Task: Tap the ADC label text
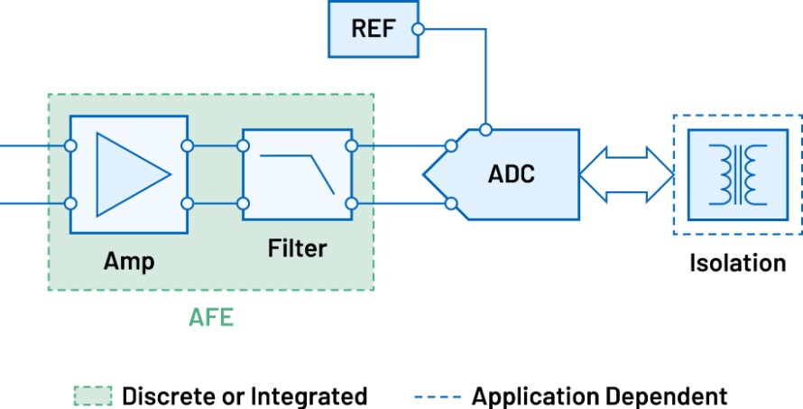(x=512, y=173)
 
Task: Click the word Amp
(x=129, y=262)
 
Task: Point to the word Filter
(x=297, y=247)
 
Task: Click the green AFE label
(x=210, y=318)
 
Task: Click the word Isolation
(x=737, y=263)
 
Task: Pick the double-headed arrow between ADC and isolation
(x=625, y=173)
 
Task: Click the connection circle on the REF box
(x=417, y=29)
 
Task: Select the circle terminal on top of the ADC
(x=485, y=129)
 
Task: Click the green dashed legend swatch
(x=93, y=395)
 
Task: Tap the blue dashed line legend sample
(x=438, y=396)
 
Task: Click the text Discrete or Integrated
(x=244, y=395)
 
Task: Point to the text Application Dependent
(x=599, y=395)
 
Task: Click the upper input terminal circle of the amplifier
(x=70, y=144)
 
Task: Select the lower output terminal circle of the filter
(x=352, y=203)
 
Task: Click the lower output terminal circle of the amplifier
(x=187, y=203)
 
